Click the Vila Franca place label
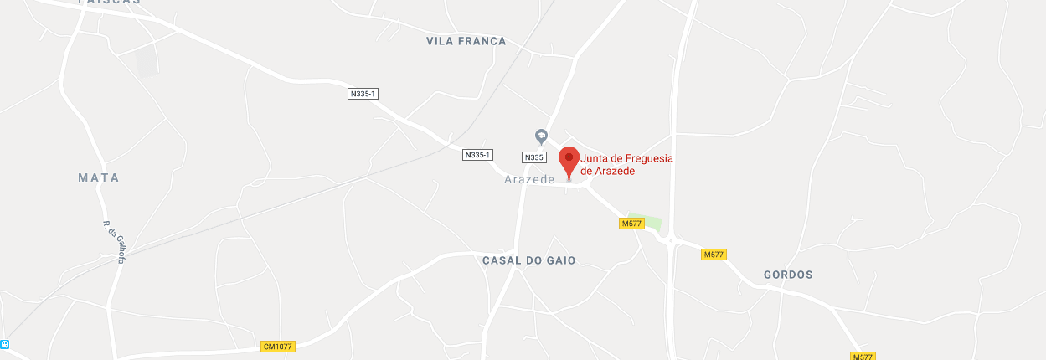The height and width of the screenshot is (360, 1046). click(466, 41)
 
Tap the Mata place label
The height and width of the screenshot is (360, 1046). click(99, 177)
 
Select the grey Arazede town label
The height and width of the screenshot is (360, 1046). click(529, 180)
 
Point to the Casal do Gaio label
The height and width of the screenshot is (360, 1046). click(529, 260)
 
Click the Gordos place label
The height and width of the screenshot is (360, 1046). click(788, 275)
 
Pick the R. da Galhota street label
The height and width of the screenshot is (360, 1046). click(114, 242)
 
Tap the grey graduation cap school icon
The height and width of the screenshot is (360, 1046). click(542, 136)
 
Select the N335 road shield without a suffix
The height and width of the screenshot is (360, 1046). click(533, 157)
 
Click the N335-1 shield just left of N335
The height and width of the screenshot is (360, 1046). click(477, 155)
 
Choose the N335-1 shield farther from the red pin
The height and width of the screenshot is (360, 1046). click(363, 94)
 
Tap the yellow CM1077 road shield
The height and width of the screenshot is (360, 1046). click(278, 347)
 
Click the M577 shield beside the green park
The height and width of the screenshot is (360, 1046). click(631, 224)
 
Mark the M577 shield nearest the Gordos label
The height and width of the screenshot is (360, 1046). click(714, 255)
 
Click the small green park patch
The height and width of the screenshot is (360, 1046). click(649, 221)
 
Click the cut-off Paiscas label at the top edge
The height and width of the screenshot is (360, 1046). click(109, 3)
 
